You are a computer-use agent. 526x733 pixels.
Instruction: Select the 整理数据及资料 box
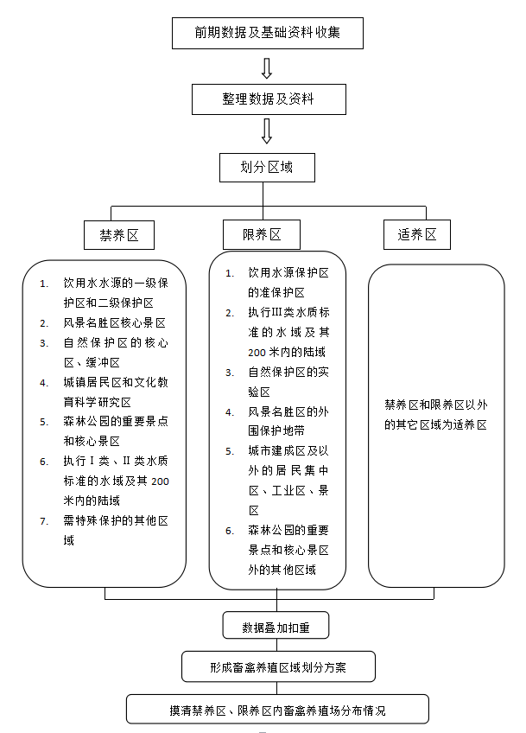[x=269, y=99]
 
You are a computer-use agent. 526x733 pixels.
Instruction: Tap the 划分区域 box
[x=267, y=168]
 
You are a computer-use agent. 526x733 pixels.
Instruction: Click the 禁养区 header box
[x=119, y=234]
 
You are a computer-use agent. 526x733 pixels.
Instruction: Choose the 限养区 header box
[x=263, y=234]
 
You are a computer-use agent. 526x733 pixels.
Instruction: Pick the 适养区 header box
[x=417, y=234]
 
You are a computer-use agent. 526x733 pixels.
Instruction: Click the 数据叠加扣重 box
[x=276, y=625]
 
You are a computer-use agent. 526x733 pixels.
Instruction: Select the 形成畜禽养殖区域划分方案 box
[x=278, y=667]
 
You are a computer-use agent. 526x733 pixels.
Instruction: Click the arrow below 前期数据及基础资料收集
[x=267, y=67]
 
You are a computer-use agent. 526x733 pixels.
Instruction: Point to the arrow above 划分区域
[x=267, y=131]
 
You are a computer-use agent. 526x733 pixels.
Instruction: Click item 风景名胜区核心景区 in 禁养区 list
[x=113, y=322]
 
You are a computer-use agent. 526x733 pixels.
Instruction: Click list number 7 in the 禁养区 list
[x=44, y=521]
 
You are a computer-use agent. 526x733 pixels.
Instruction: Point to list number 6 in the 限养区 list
[x=231, y=531]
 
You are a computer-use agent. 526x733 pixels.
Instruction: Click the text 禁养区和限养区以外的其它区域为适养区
[x=436, y=415]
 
